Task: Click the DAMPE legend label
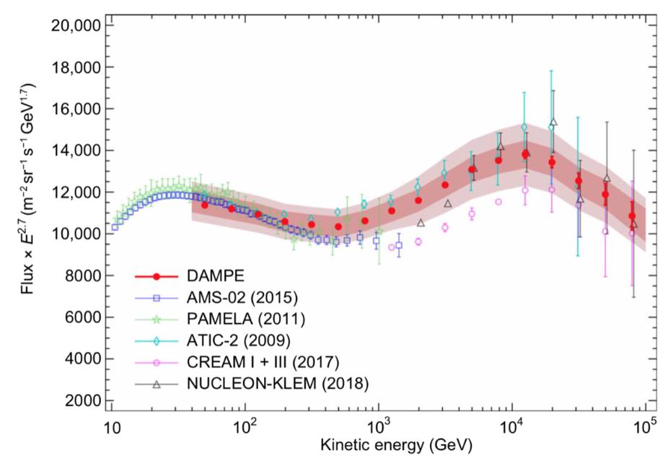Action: (x=217, y=276)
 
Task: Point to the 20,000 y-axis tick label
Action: (x=78, y=26)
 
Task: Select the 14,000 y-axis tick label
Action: (x=78, y=151)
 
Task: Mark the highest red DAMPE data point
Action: (x=525, y=154)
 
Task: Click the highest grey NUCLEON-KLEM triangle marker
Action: (x=553, y=123)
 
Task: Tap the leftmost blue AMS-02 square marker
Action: (x=114, y=227)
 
